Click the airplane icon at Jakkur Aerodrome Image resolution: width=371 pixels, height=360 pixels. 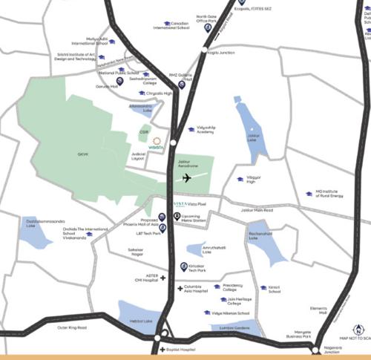[x=186, y=178]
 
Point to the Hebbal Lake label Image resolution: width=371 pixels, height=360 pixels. [x=139, y=321]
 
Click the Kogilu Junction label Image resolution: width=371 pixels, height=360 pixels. [x=220, y=53]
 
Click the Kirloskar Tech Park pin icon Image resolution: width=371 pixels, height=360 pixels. [x=184, y=266]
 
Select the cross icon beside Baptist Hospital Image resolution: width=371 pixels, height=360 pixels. [x=162, y=349]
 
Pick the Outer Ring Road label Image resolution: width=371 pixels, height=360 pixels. [x=73, y=327]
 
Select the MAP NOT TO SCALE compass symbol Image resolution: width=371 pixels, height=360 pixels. [x=358, y=330]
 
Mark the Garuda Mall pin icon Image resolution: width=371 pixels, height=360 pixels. [x=119, y=81]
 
